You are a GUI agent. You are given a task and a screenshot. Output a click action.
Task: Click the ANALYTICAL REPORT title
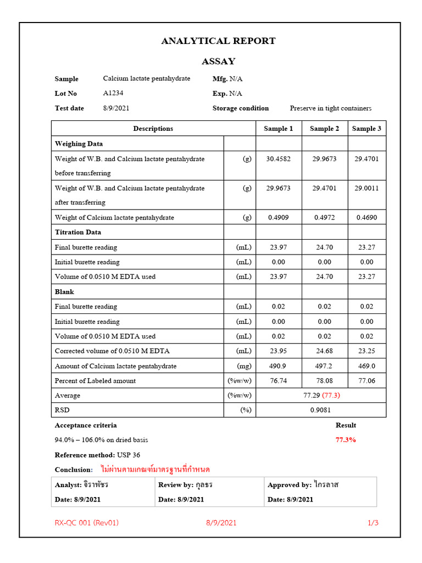click(x=218, y=41)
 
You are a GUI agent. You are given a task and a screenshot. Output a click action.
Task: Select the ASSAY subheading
click(x=218, y=61)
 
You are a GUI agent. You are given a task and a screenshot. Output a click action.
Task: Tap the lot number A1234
click(x=114, y=93)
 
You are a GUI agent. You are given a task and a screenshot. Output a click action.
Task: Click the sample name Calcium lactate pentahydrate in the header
click(x=147, y=79)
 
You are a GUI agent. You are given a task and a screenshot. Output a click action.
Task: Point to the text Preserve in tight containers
click(x=331, y=108)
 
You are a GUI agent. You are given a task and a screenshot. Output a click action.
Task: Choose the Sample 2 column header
click(x=324, y=129)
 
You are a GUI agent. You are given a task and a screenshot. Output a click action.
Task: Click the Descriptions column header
click(x=153, y=129)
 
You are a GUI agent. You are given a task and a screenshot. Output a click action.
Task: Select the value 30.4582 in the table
click(x=278, y=159)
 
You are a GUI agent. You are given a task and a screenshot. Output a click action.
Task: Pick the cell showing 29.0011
click(x=367, y=188)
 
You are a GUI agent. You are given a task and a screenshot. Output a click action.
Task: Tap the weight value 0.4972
click(x=324, y=218)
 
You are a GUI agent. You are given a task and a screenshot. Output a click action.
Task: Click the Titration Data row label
click(x=78, y=233)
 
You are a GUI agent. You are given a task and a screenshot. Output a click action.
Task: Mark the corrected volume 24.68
click(x=324, y=351)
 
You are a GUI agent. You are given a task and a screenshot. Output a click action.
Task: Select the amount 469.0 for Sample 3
click(x=367, y=366)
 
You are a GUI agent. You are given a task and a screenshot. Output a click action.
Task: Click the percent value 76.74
click(x=278, y=380)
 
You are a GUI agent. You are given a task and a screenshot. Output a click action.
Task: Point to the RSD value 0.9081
click(x=321, y=410)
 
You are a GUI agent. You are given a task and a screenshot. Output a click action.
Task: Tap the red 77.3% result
click(x=346, y=440)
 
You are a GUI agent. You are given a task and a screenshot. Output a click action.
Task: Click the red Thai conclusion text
click(x=156, y=470)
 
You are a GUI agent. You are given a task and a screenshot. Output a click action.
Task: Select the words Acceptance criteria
click(x=86, y=425)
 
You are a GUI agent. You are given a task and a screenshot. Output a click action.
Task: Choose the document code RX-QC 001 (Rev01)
click(x=87, y=523)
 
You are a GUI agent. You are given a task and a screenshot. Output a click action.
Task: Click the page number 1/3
click(x=373, y=523)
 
